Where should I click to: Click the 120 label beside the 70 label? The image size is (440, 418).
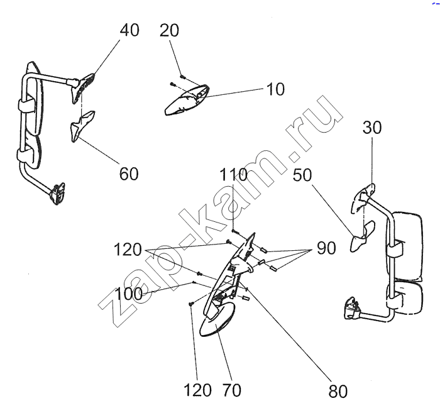click(197, 390)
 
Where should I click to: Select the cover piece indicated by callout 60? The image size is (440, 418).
click(82, 125)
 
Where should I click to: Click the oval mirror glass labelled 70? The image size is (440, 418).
click(217, 321)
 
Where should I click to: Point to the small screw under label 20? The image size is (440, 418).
click(182, 77)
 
